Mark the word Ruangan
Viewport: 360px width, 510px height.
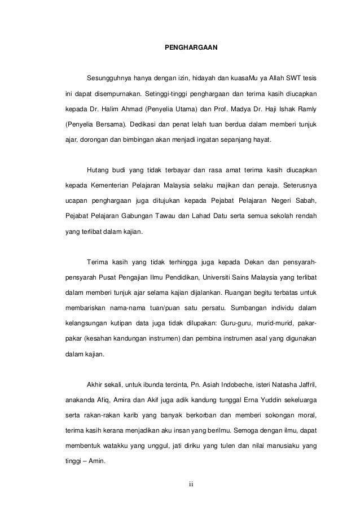coord(240,293)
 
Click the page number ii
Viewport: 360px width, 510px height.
coord(191,484)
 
